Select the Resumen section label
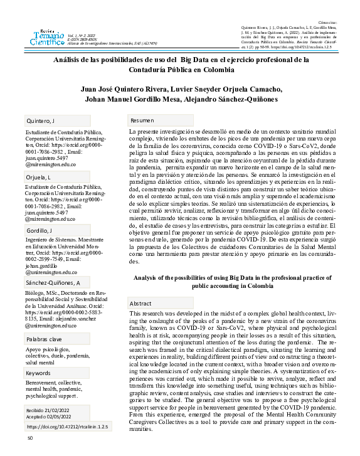click(142, 120)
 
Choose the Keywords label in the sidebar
click(38, 373)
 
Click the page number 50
click(29, 447)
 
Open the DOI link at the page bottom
click(68, 427)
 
